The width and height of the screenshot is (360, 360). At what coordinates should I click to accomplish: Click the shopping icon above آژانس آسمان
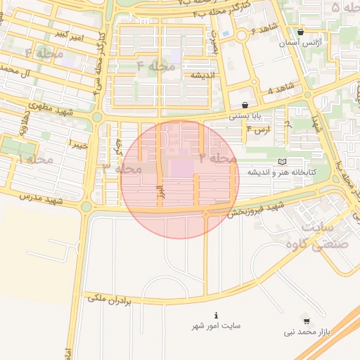[301, 32]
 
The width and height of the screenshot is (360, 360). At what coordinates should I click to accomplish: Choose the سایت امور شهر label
[217, 326]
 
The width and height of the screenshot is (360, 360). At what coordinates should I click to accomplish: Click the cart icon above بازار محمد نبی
[304, 319]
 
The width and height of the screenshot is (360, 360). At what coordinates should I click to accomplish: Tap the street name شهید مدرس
[43, 200]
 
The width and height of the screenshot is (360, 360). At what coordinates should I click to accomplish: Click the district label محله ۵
[344, 8]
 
